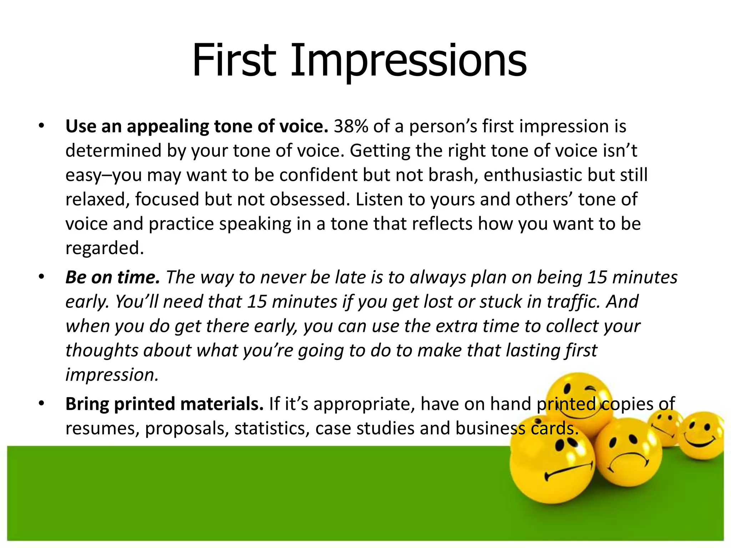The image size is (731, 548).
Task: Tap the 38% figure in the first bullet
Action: [x=351, y=126]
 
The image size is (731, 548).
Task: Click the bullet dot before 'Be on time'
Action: [x=41, y=277]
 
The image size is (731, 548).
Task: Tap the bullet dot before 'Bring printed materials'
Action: [x=41, y=404]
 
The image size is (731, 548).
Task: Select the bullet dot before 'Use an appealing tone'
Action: [x=41, y=126]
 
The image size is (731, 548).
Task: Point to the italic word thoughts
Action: [x=102, y=350]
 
